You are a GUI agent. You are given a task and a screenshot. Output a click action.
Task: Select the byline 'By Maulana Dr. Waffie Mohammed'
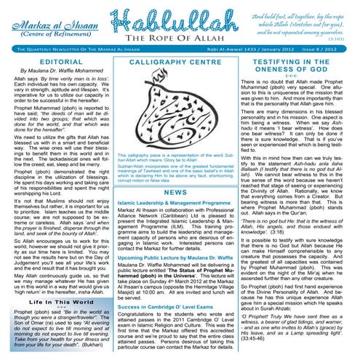click(55, 75)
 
